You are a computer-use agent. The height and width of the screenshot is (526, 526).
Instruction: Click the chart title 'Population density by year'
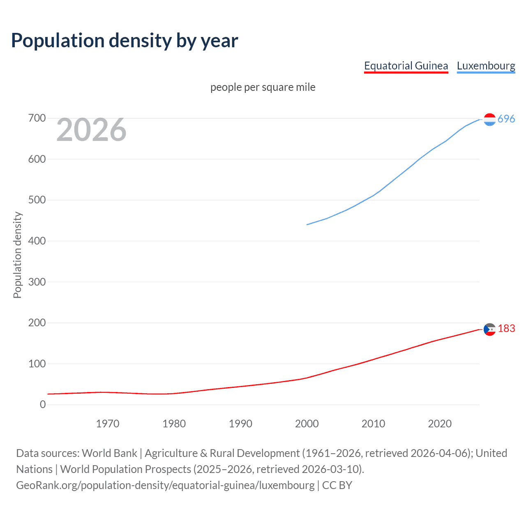(x=125, y=41)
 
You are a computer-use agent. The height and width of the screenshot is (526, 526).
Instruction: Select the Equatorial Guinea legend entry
(x=406, y=66)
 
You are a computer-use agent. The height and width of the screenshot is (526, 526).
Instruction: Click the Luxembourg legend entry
(x=486, y=66)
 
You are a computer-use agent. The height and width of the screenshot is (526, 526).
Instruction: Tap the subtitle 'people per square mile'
(x=263, y=87)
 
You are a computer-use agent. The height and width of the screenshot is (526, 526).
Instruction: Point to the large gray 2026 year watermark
(x=91, y=130)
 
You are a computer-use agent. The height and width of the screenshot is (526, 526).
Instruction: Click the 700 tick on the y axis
(x=37, y=118)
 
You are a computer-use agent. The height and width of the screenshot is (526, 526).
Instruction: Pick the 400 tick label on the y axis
(x=37, y=241)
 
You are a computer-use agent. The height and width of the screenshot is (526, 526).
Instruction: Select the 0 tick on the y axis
(x=43, y=405)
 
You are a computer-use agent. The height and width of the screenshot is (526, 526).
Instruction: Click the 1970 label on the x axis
(x=108, y=424)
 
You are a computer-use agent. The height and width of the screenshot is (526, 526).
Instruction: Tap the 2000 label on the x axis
(x=307, y=424)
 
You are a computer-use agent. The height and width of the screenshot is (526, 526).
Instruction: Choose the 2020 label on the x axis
(x=440, y=424)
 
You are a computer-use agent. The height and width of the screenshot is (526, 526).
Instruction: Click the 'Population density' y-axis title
(x=17, y=255)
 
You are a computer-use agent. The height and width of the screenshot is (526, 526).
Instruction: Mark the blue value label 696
(x=506, y=119)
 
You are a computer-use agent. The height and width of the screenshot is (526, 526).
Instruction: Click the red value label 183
(x=506, y=328)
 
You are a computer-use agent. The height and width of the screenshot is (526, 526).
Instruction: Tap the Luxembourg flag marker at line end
(x=489, y=120)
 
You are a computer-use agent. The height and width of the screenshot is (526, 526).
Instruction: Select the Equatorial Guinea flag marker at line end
(x=489, y=329)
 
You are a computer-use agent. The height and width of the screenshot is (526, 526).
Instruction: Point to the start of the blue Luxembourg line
(x=307, y=224)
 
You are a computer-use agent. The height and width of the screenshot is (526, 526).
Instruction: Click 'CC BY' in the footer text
(x=337, y=485)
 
